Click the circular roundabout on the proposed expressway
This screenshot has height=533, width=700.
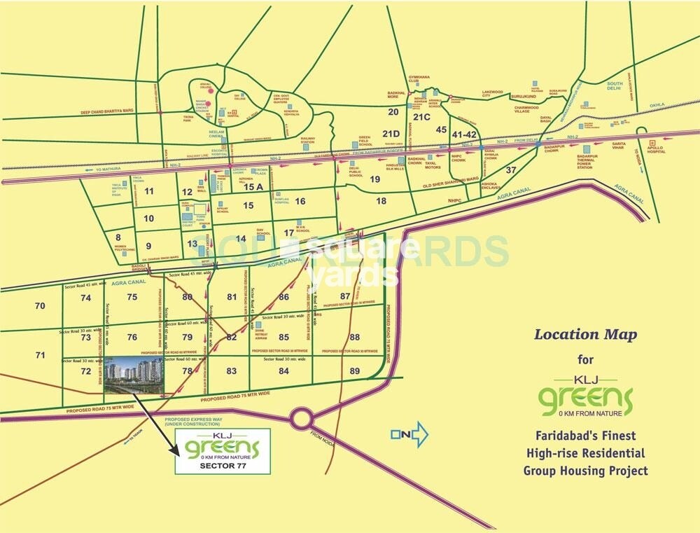tap(302, 419)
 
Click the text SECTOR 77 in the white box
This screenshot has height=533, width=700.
tap(218, 464)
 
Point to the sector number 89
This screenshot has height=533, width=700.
tap(355, 371)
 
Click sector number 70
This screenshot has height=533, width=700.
tap(39, 306)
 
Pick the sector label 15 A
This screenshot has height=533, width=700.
tap(253, 187)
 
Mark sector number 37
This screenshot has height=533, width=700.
tap(510, 170)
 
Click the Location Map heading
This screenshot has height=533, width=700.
tap(585, 334)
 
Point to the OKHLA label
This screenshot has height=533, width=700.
tap(657, 105)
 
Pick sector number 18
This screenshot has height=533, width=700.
tap(381, 201)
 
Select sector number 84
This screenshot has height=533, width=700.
tap(283, 371)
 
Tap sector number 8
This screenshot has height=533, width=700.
tap(118, 237)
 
